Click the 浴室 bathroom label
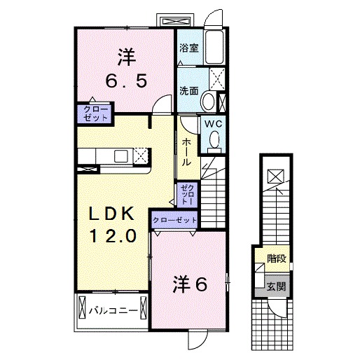pos(188,48)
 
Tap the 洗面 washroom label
pos(188,90)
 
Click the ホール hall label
pos(187,151)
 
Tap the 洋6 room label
pos(190,284)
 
